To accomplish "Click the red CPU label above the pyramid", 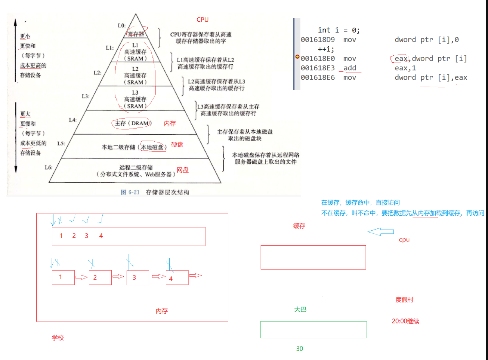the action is tap(203, 20).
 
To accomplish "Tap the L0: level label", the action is tap(121, 25).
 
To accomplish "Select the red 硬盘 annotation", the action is tap(177, 145).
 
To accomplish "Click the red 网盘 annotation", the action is tap(183, 170).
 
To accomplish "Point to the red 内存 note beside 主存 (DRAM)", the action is tap(170, 123).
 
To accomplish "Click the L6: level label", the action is tap(49, 167).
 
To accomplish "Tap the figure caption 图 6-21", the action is tap(130, 192).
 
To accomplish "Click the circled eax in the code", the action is tap(401, 59).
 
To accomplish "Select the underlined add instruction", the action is tap(350, 68).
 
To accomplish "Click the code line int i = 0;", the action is tap(339, 30).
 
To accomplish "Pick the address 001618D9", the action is tap(318, 40).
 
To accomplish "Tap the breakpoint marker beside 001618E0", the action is tap(297, 57).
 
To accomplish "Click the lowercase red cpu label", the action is tap(404, 240).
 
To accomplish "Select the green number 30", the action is tap(300, 349).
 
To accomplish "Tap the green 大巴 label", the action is tap(300, 310).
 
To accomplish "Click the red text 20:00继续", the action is tap(405, 321).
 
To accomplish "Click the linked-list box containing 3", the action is tap(138, 278).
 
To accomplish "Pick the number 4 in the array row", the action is tap(101, 236).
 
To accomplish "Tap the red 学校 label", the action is tap(58, 338).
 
